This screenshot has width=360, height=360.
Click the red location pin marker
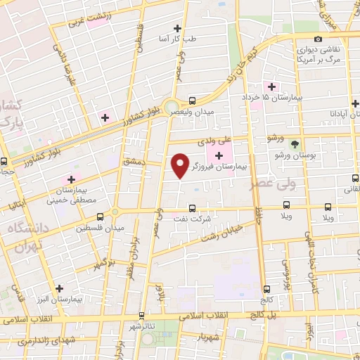180,165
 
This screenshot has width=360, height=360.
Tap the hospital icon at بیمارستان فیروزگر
219,155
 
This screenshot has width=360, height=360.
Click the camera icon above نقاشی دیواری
319,39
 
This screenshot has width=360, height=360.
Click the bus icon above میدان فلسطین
100,216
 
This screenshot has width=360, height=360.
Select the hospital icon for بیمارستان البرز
59,288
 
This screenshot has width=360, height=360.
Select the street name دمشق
133,161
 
